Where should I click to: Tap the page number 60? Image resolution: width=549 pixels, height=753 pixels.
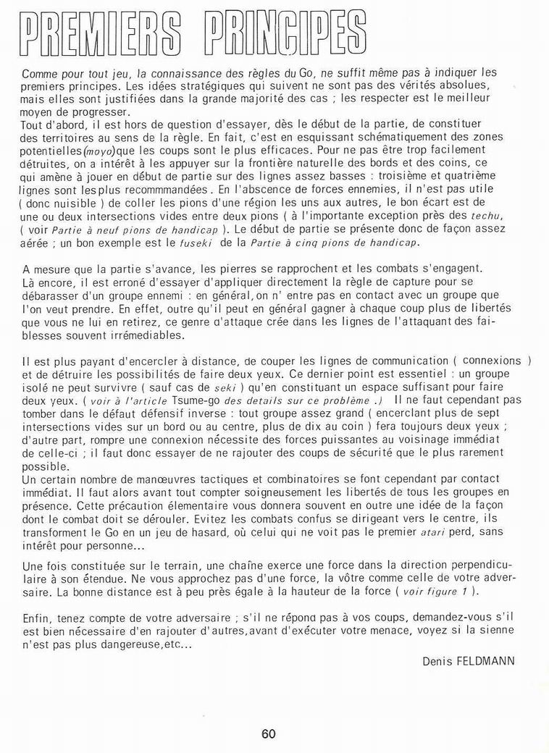[269, 733]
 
